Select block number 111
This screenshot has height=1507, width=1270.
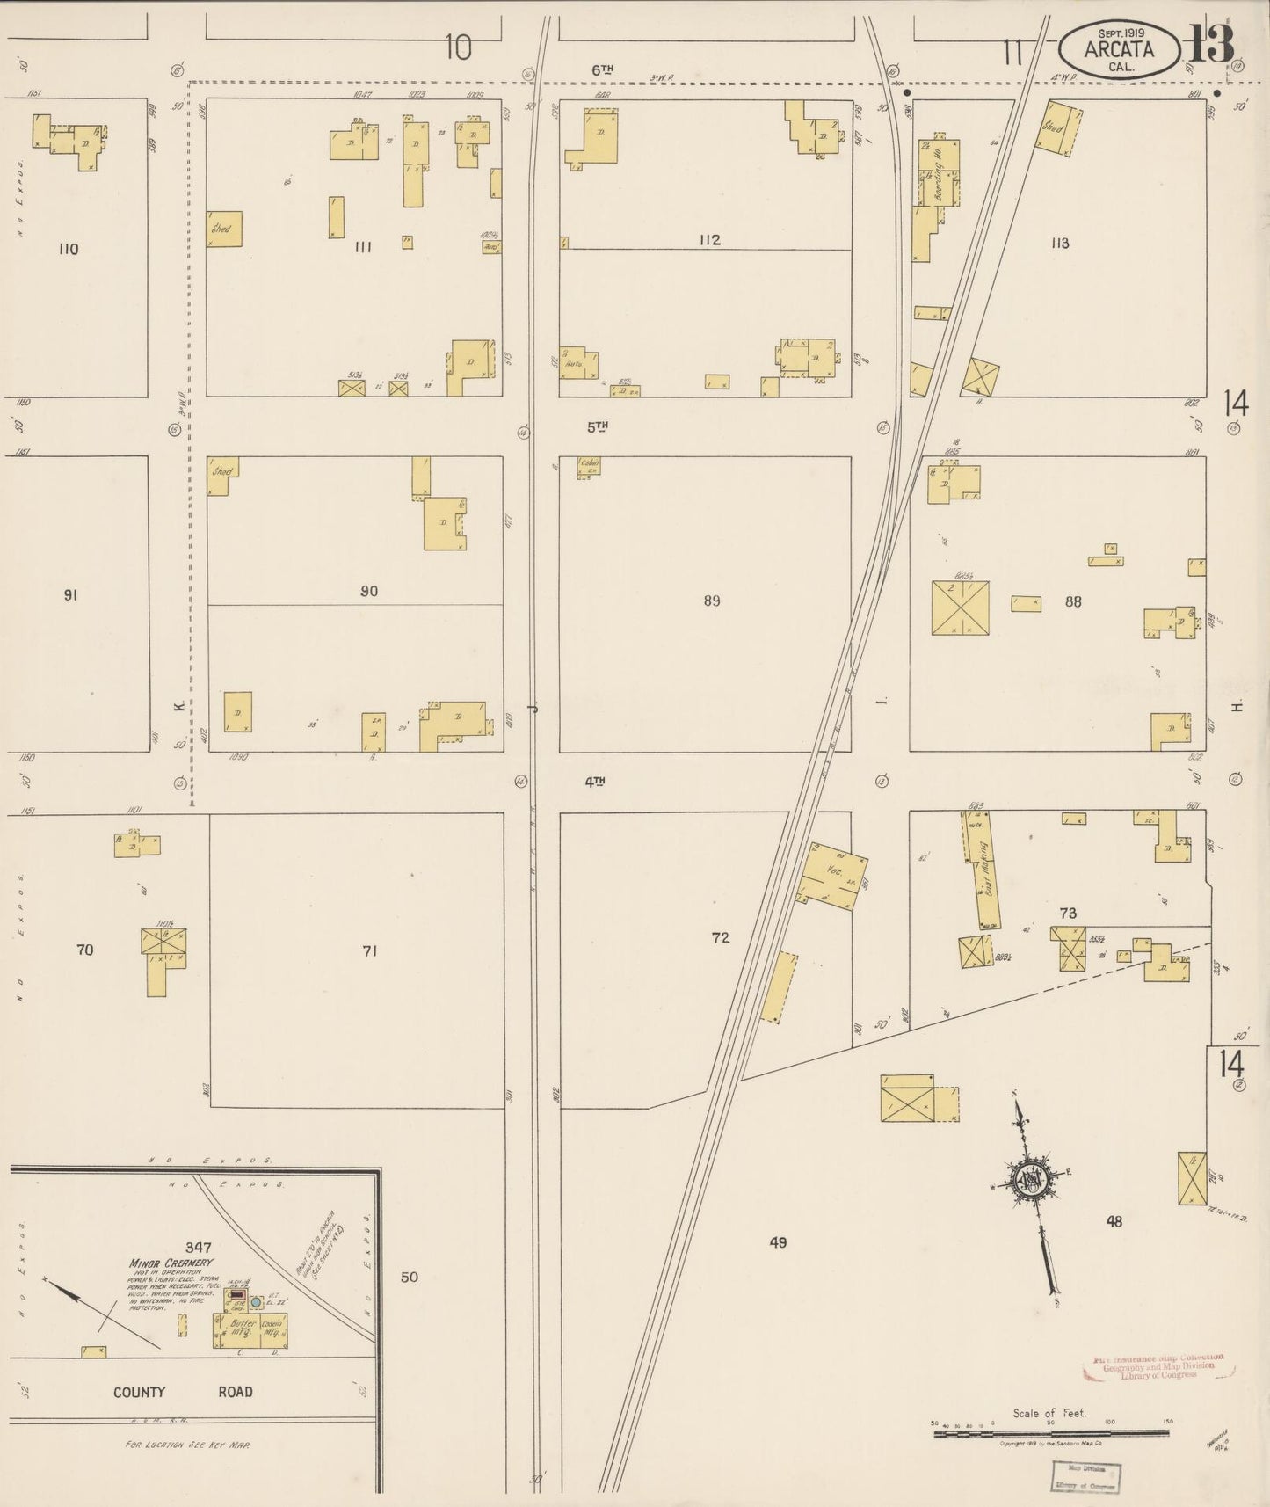click(363, 247)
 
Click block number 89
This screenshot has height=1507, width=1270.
click(712, 601)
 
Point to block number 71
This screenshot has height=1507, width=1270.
click(369, 950)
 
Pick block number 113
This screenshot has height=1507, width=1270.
click(1060, 244)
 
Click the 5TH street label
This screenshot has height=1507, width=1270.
click(598, 426)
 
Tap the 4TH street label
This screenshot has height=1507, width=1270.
click(595, 781)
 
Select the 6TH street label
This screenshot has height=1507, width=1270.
click(601, 69)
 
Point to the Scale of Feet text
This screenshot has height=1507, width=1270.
click(1049, 1413)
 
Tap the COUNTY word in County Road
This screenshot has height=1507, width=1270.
click(139, 1392)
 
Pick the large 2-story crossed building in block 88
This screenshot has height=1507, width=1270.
click(960, 608)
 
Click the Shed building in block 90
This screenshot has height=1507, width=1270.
click(221, 474)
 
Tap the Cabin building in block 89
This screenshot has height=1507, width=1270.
click(588, 467)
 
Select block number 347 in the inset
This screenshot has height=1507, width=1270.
click(199, 1247)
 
